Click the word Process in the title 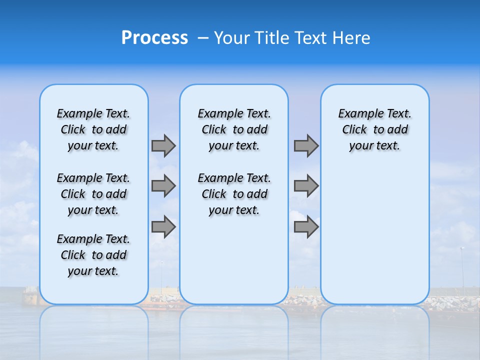coord(154,37)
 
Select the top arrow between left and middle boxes coord(163,146)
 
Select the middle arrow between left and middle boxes coord(163,186)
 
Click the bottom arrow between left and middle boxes coord(163,227)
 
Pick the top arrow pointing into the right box coord(306,146)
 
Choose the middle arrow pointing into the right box coord(306,186)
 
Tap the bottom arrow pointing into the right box coord(306,227)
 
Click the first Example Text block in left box coord(93,129)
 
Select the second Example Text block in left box coord(93,194)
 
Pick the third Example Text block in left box coord(93,255)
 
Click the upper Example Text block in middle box coord(234,129)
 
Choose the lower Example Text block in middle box coord(234,194)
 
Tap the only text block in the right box coord(374,129)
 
